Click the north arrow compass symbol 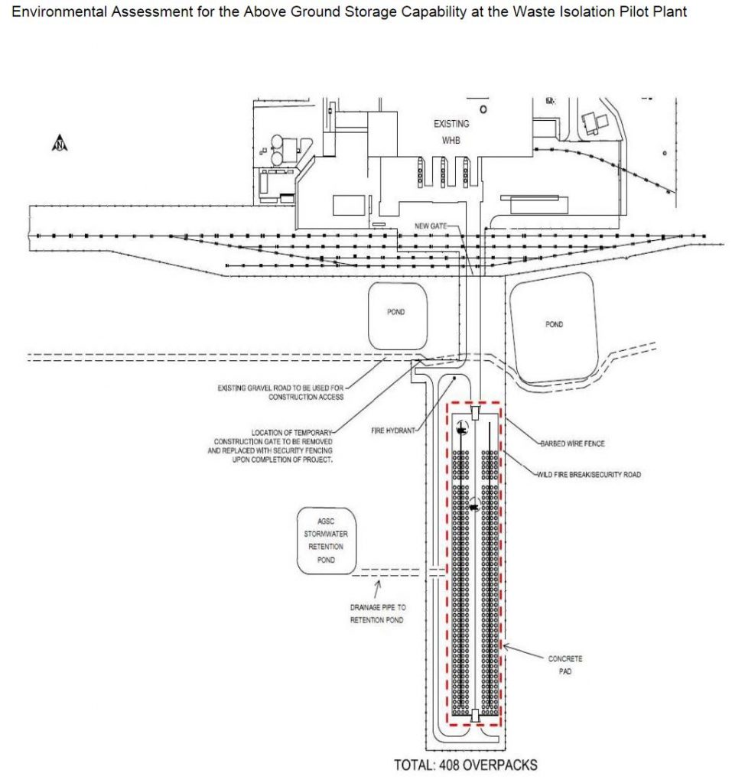pyautogui.click(x=59, y=143)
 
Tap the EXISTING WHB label pyautogui.click(x=451, y=132)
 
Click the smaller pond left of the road pyautogui.click(x=395, y=314)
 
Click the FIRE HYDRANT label pyautogui.click(x=392, y=431)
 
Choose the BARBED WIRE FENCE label pyautogui.click(x=574, y=443)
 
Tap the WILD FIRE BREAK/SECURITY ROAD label pyautogui.click(x=589, y=475)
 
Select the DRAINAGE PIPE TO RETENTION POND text pyautogui.click(x=378, y=613)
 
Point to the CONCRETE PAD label pyautogui.click(x=564, y=664)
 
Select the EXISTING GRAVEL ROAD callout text pyautogui.click(x=281, y=392)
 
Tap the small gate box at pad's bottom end pyautogui.click(x=475, y=716)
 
